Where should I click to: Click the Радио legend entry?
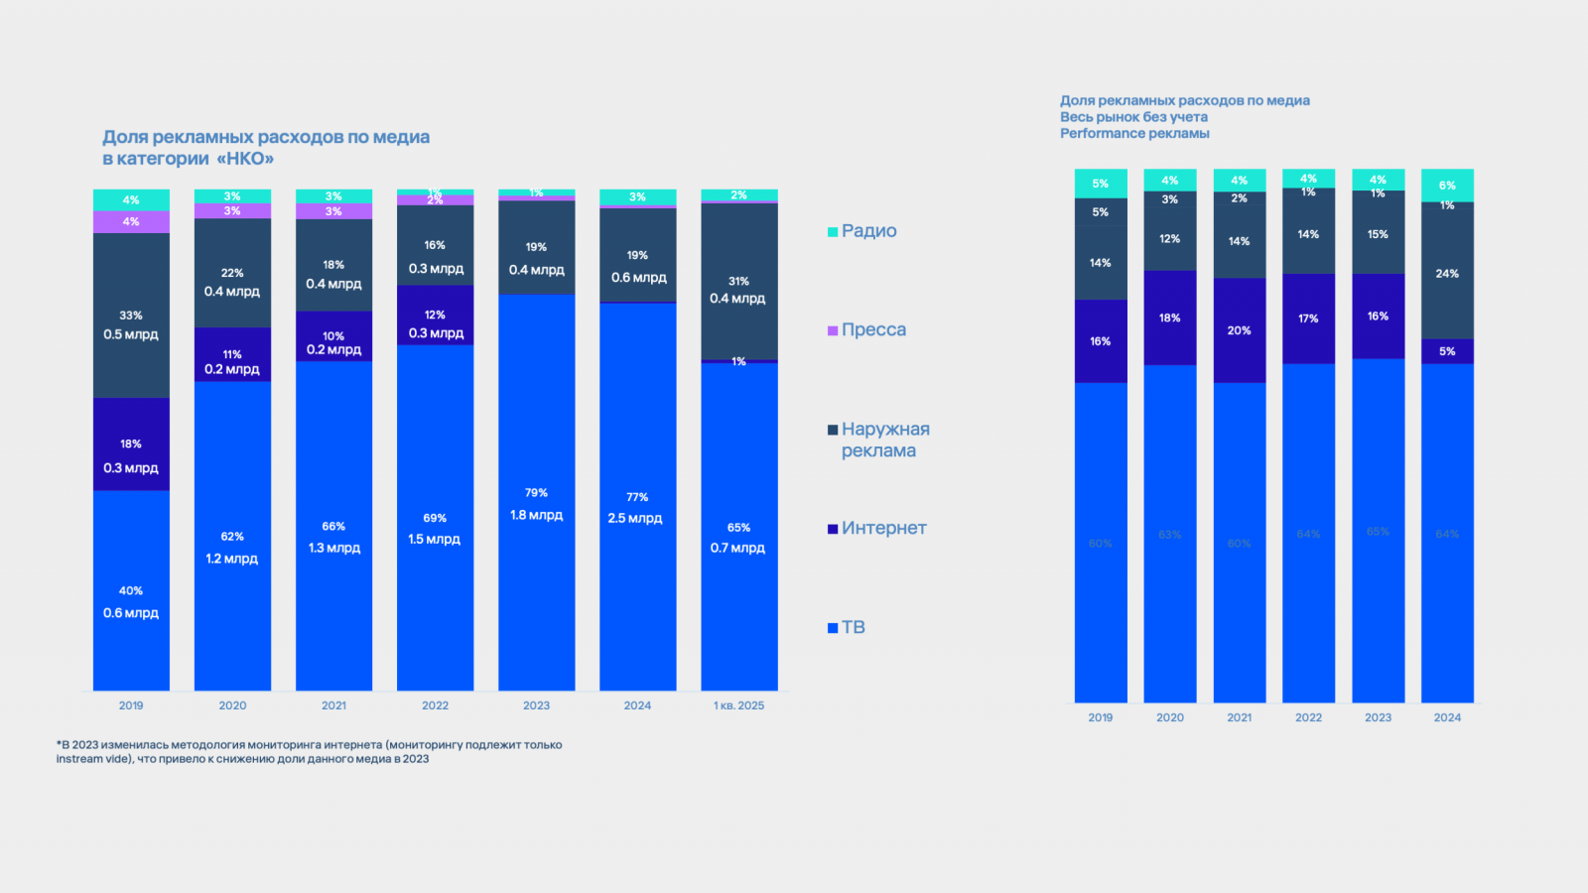point(868,231)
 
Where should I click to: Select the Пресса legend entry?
point(872,330)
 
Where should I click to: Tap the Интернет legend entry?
point(883,529)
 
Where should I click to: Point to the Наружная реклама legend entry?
point(884,441)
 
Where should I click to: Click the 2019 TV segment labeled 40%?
point(131,591)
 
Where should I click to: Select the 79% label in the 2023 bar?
point(536,493)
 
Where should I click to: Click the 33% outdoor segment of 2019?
point(131,316)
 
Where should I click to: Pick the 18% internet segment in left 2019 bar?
point(131,445)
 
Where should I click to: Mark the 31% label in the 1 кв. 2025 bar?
point(738,282)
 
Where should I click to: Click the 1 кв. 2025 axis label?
point(738,705)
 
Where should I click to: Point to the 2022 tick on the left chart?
point(435,705)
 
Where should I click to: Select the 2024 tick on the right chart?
point(1447,717)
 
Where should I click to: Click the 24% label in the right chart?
point(1447,274)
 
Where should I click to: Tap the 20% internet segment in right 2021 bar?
point(1239,330)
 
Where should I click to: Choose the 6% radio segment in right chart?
point(1447,186)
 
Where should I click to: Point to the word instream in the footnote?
point(79,759)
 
